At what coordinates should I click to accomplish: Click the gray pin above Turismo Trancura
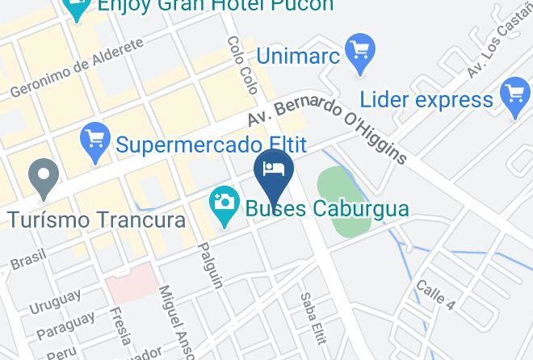(x=44, y=178)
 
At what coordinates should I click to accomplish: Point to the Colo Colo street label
(x=241, y=65)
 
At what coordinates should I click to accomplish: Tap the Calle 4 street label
(x=435, y=295)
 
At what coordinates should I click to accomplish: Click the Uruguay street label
(x=55, y=302)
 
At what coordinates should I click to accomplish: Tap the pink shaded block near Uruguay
(x=131, y=283)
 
